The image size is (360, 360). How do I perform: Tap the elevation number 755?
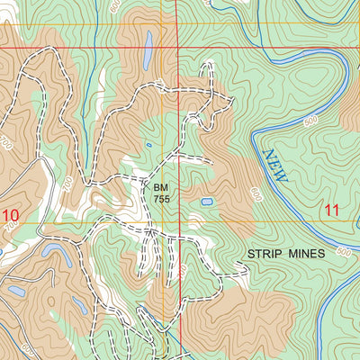[161, 198]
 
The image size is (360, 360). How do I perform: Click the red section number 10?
[11, 215]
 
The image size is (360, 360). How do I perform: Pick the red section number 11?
[332, 210]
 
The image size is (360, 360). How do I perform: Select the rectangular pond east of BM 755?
[207, 202]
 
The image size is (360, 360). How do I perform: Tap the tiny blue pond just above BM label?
[148, 145]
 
